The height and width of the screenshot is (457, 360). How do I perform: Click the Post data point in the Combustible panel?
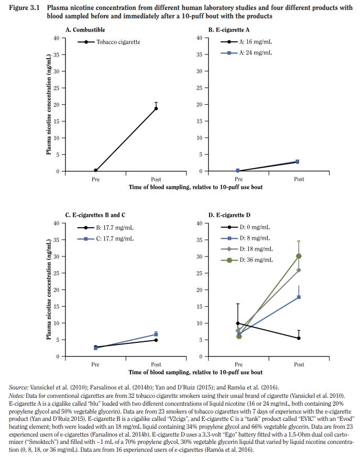156,108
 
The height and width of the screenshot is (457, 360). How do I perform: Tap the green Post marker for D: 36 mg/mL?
299,256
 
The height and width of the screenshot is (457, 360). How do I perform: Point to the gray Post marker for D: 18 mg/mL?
299,270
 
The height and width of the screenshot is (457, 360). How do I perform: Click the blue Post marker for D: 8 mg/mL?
299,297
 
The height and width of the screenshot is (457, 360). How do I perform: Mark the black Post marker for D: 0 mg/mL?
299,338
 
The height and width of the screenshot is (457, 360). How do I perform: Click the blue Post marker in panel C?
156,334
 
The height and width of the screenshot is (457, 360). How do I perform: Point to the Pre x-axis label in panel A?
95,179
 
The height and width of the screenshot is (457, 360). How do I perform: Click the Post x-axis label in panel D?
299,364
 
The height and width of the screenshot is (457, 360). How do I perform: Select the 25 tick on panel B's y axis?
198,88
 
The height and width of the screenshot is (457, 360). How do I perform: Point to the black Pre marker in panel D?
238,324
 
